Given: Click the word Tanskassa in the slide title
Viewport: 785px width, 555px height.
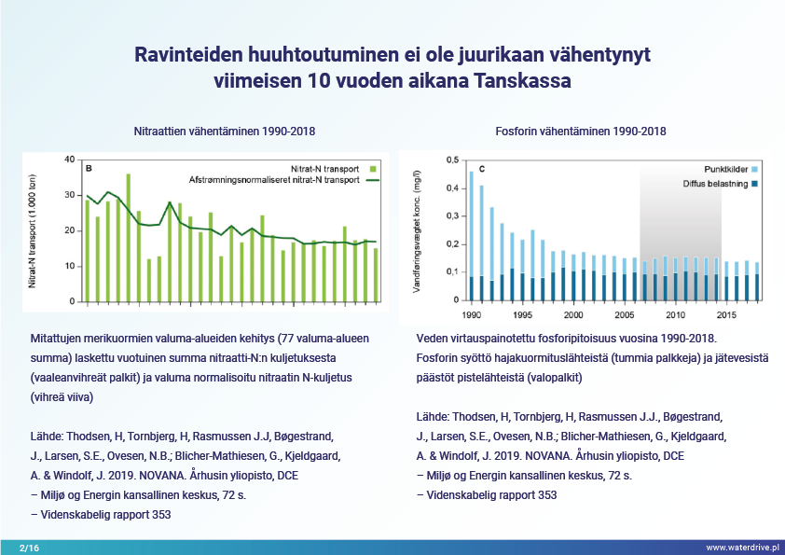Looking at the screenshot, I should click(x=523, y=81).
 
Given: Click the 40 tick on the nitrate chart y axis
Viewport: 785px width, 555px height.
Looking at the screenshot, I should click(x=69, y=160).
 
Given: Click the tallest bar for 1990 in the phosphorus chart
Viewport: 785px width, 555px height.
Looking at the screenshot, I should click(x=472, y=236).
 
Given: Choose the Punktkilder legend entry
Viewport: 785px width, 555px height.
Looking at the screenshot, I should click(x=723, y=170).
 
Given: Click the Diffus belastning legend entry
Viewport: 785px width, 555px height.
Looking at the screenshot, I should click(x=713, y=184).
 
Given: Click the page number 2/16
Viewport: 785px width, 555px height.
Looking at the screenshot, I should click(x=27, y=547).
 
